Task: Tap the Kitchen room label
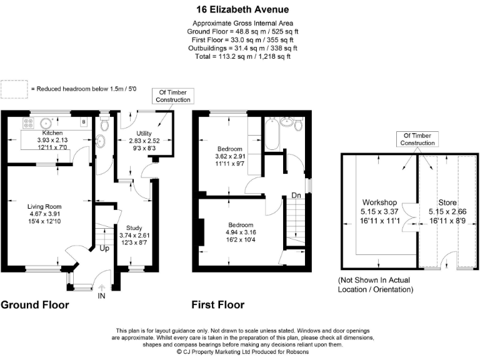(x=52, y=133)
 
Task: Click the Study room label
(x=134, y=227)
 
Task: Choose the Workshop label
(x=380, y=202)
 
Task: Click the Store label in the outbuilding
(x=447, y=202)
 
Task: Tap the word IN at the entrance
(x=101, y=296)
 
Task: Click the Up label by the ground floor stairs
(x=105, y=248)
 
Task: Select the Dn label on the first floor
(x=296, y=196)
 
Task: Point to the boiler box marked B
(x=83, y=122)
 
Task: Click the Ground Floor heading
(x=34, y=305)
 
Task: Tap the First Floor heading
(x=218, y=305)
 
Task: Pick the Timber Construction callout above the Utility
(x=172, y=96)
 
